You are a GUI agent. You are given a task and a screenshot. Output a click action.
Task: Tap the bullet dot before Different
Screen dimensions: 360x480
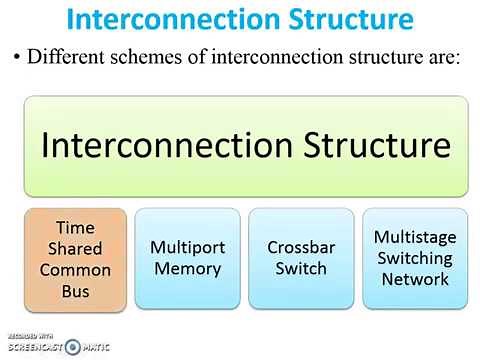coord(17,57)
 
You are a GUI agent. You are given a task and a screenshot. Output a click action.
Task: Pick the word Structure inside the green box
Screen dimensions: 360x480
coord(367,145)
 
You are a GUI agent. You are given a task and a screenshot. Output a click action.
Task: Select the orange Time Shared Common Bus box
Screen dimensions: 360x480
coord(75,258)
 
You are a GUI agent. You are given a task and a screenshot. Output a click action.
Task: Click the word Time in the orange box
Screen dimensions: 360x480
coord(75,229)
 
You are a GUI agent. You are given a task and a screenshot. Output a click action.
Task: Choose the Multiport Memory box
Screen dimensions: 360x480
coord(188,258)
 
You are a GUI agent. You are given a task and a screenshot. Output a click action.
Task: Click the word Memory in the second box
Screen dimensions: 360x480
coord(188,268)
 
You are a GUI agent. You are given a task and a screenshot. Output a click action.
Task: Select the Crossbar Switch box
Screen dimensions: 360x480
coord(301,258)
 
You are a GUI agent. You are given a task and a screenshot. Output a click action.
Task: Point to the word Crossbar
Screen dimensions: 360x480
coord(301,247)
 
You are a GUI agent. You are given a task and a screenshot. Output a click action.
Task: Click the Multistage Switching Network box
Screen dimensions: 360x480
coord(414,258)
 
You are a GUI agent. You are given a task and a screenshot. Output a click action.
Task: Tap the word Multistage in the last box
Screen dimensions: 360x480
coord(414,237)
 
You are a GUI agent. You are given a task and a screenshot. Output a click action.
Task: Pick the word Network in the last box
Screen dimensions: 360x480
coord(414,279)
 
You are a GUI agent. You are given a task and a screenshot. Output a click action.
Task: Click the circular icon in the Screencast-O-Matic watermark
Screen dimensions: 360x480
coord(72,346)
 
